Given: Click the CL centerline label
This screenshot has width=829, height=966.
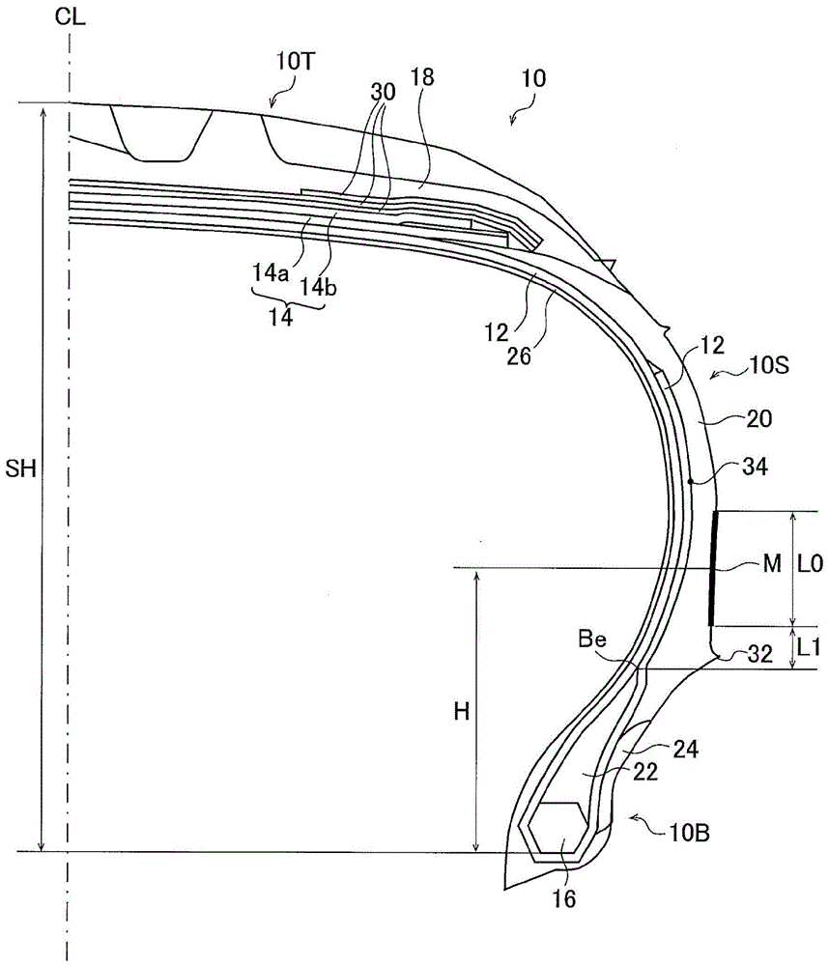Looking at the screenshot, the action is click(70, 16).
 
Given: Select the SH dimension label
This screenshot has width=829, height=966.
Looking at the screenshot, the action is click(21, 469).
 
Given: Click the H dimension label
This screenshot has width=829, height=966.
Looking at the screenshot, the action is click(462, 712).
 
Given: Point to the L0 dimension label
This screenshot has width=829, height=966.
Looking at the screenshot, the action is click(810, 563).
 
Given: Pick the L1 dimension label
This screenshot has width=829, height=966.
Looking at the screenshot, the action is click(809, 647).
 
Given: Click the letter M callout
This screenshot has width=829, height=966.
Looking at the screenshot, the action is click(772, 563).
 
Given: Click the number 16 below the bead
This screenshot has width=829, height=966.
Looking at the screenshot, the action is click(563, 898).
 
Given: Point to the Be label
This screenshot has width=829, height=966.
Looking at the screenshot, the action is click(592, 639).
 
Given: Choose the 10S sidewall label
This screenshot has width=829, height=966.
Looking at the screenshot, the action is click(769, 366).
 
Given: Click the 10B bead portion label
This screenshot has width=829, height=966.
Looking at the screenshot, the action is click(690, 833).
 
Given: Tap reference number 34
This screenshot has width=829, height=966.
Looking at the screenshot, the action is click(755, 467).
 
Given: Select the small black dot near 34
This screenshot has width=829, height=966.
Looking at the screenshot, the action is click(692, 480).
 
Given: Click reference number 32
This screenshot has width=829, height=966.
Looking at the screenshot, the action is click(760, 654).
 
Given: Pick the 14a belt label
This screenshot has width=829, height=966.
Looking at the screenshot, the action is click(270, 272).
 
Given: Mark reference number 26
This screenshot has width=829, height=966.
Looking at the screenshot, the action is click(519, 355).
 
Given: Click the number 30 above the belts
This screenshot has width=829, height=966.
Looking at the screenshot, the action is click(383, 93).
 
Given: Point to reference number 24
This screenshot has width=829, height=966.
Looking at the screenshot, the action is click(685, 750).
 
